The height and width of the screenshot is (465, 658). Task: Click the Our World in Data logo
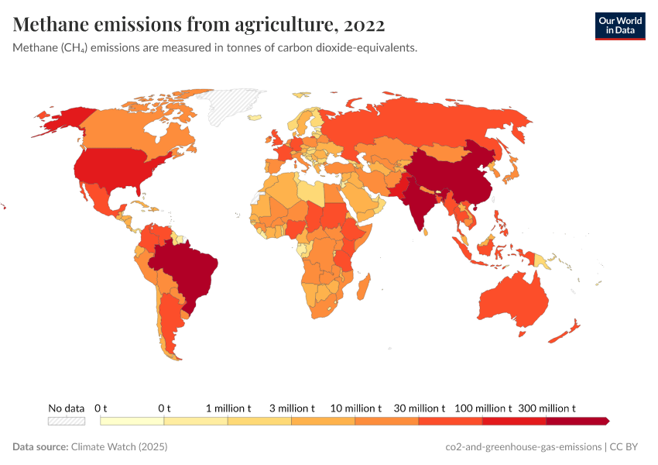pyautogui.click(x=619, y=26)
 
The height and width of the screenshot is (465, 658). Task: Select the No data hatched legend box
pyautogui.click(x=66, y=421)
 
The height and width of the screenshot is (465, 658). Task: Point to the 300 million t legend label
pyautogui.click(x=547, y=408)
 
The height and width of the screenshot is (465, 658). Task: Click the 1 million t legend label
pyautogui.click(x=228, y=408)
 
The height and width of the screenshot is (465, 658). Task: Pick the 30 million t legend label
pyautogui.click(x=419, y=408)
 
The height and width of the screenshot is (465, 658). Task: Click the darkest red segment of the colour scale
pyautogui.click(x=577, y=421)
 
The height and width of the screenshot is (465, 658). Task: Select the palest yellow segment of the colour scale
pyautogui.click(x=132, y=421)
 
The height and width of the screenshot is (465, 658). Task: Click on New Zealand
pyautogui.click(x=564, y=332)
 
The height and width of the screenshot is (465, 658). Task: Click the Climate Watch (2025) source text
pyautogui.click(x=118, y=447)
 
